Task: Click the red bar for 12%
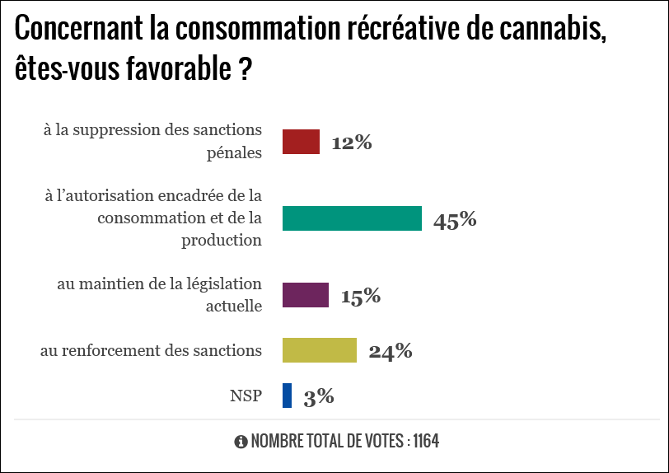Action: [301, 142]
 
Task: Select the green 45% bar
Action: [352, 218]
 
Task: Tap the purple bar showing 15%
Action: [306, 295]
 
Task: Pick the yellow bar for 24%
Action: [320, 350]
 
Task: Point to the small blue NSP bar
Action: [287, 396]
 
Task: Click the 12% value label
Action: [352, 143]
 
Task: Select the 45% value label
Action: [456, 219]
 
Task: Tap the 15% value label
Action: [360, 296]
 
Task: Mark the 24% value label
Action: [391, 351]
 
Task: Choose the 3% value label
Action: [319, 396]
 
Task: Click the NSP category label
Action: [246, 396]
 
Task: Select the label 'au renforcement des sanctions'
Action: [151, 350]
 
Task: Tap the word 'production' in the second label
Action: [222, 241]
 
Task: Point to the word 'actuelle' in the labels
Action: [233, 307]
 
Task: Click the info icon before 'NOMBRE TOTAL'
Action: [241, 442]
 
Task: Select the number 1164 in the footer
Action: [426, 442]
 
